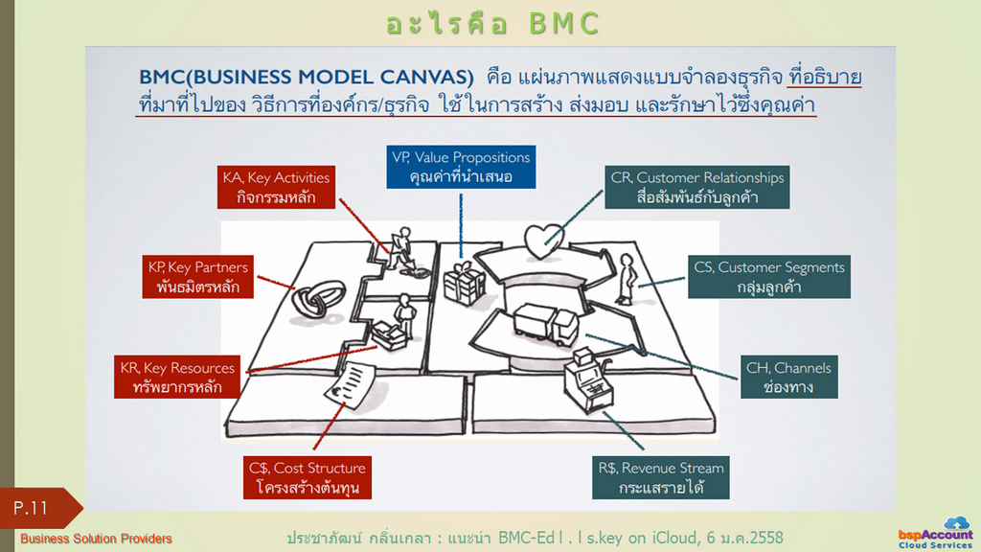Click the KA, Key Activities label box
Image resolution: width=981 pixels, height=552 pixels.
pos(276,187)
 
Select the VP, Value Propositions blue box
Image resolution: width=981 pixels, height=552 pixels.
pos(461,167)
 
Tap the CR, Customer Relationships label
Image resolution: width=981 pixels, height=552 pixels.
pos(697,187)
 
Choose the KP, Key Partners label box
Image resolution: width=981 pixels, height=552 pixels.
pos(197,277)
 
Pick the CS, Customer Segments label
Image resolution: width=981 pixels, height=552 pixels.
pos(769,277)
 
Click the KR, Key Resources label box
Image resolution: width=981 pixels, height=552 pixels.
pos(177,378)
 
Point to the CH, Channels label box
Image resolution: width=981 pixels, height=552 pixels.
pos(789,378)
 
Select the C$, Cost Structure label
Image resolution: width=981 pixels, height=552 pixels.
pos(308,477)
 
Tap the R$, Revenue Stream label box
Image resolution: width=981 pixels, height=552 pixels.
pos(661,477)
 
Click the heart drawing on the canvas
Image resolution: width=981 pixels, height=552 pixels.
pos(543,241)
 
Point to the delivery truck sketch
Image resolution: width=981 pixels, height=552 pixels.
pos(545,324)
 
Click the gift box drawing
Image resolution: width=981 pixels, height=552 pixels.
pos(465,284)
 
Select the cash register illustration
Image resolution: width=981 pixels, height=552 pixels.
pos(588,380)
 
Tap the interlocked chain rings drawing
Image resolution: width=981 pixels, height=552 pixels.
pos(318,299)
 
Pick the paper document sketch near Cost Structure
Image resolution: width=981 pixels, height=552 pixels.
pos(350,385)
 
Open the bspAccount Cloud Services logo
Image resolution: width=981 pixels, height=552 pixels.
pos(936,534)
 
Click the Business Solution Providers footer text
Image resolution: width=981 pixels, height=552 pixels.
pos(96,539)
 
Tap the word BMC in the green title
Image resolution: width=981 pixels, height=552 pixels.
pos(564,24)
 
